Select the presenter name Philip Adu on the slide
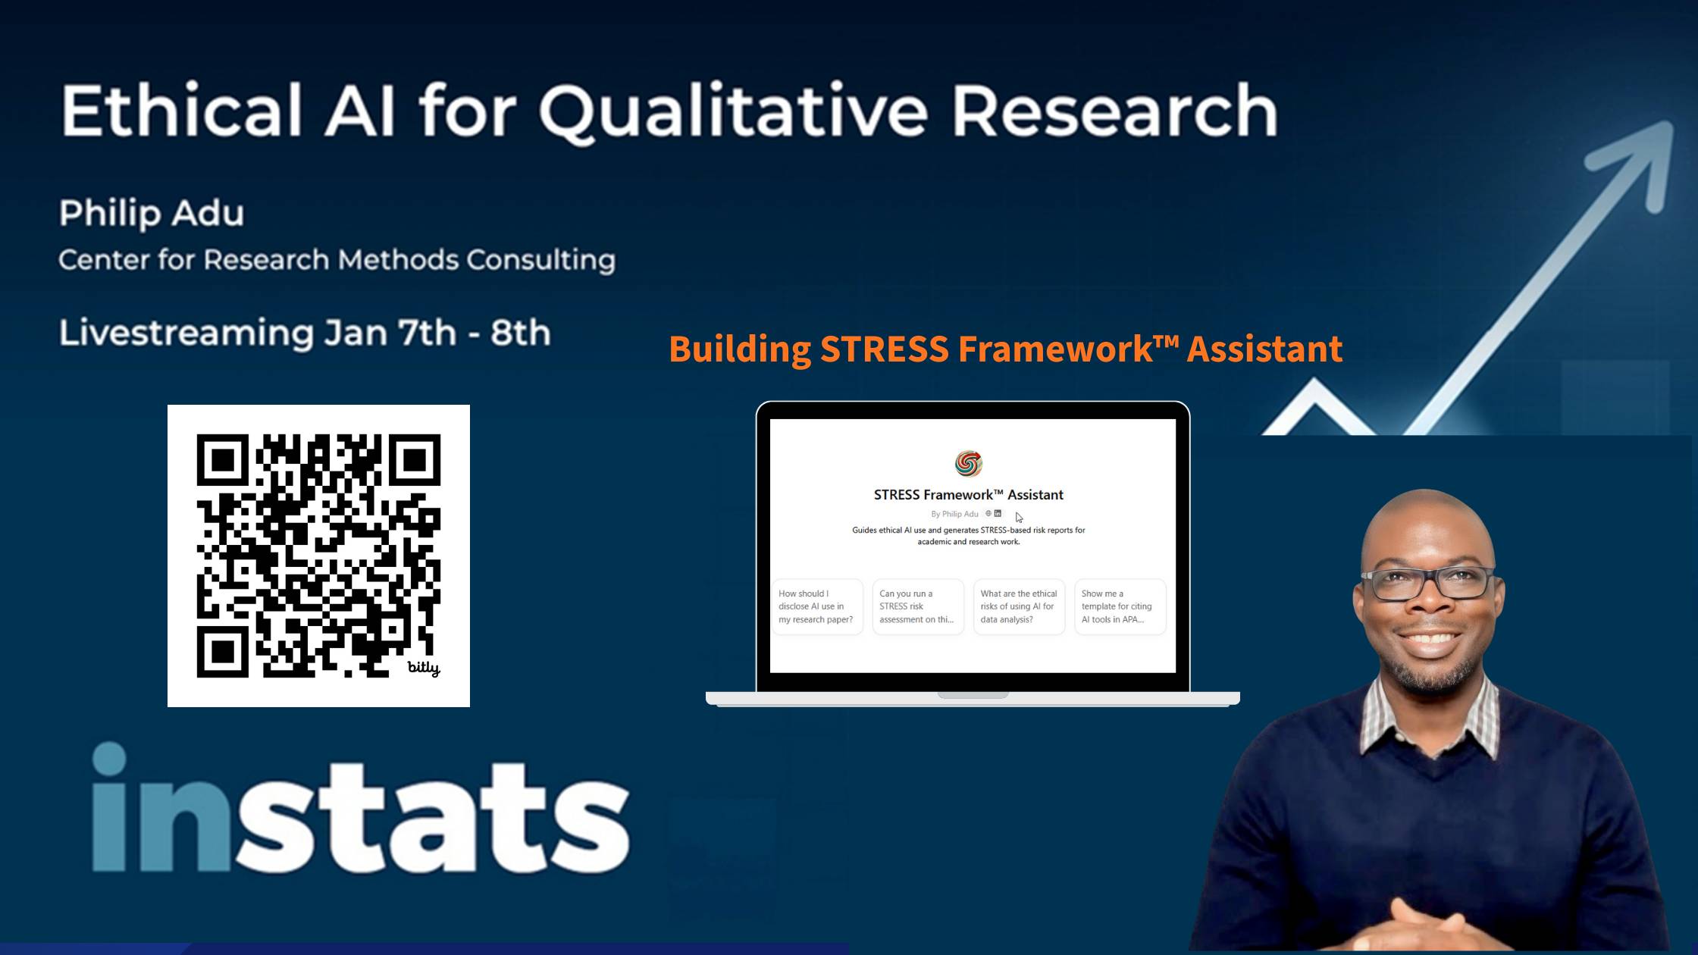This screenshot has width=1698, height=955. (152, 214)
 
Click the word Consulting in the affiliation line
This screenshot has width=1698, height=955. (540, 261)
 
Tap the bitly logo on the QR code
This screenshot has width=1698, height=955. (424, 668)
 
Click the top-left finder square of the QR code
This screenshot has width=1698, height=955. (223, 460)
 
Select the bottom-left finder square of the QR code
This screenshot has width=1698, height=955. (223, 651)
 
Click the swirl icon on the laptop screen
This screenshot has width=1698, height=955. (969, 463)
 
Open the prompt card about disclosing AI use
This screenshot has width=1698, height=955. (817, 606)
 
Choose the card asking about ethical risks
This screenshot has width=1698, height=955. (1019, 606)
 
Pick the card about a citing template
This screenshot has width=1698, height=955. (1120, 606)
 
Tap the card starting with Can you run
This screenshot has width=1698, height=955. (918, 606)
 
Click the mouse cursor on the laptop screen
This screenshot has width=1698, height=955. (1019, 517)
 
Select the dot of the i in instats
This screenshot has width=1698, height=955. (109, 759)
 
